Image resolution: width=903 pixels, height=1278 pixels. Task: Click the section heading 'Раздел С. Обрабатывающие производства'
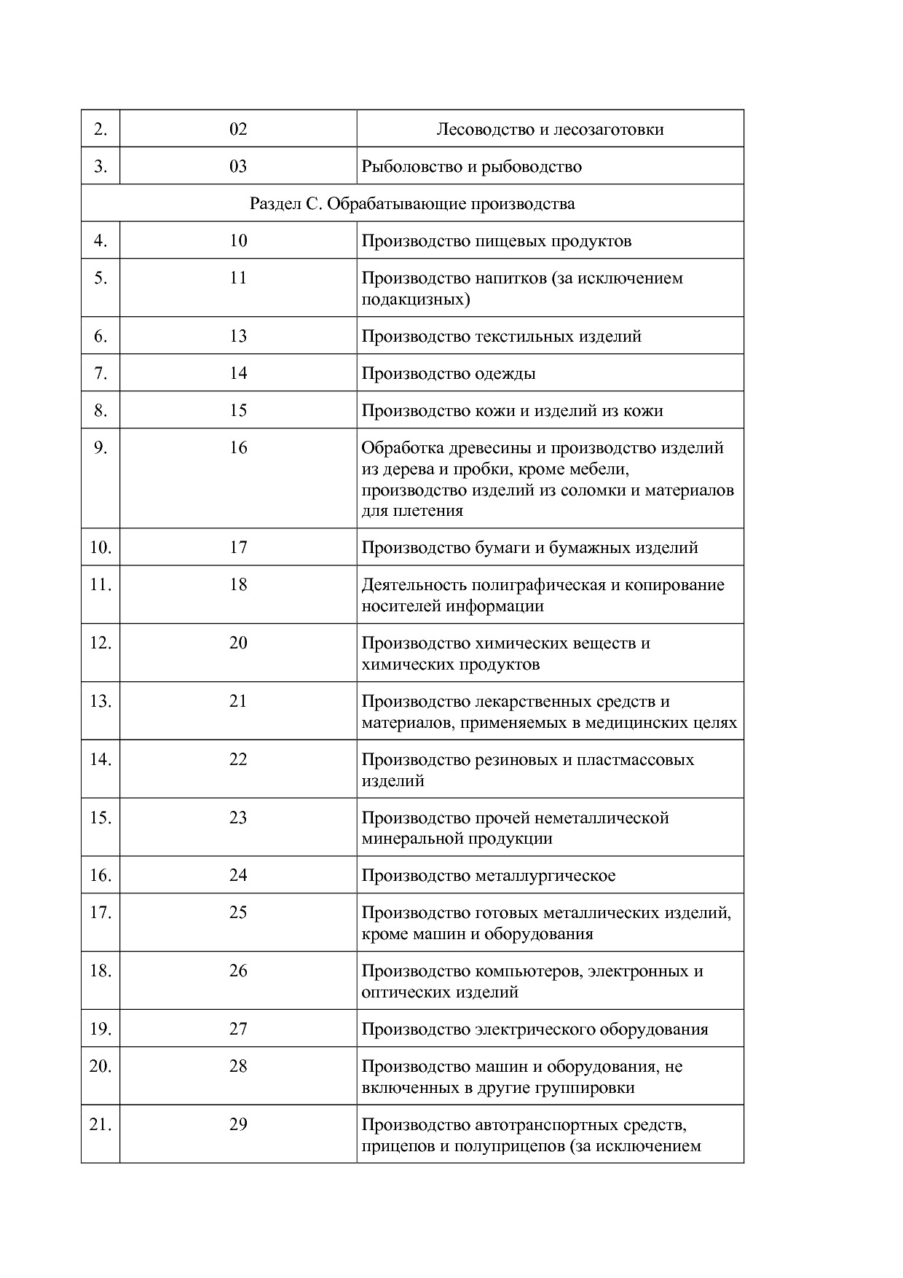[412, 203]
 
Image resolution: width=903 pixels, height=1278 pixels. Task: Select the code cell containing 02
[238, 129]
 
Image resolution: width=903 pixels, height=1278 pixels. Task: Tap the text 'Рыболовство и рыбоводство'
[472, 167]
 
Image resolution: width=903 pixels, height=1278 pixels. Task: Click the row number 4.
[100, 240]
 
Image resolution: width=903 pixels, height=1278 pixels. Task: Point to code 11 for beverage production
[238, 278]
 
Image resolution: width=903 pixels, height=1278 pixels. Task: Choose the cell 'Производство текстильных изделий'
[502, 337]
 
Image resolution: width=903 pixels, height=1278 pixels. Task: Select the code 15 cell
[238, 410]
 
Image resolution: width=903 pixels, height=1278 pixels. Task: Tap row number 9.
[100, 447]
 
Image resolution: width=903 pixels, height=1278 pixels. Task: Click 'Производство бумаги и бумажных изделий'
[530, 547]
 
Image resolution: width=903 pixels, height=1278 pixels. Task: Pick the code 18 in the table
[238, 584]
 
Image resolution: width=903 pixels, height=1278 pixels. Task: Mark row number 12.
[100, 643]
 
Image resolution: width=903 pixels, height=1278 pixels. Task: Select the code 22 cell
[238, 759]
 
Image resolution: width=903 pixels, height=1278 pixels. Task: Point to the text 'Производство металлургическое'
[489, 875]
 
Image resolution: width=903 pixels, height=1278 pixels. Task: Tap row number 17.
[100, 912]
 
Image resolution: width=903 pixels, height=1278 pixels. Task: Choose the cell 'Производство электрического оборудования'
[535, 1030]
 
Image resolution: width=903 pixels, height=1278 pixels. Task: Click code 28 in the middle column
[238, 1066]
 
